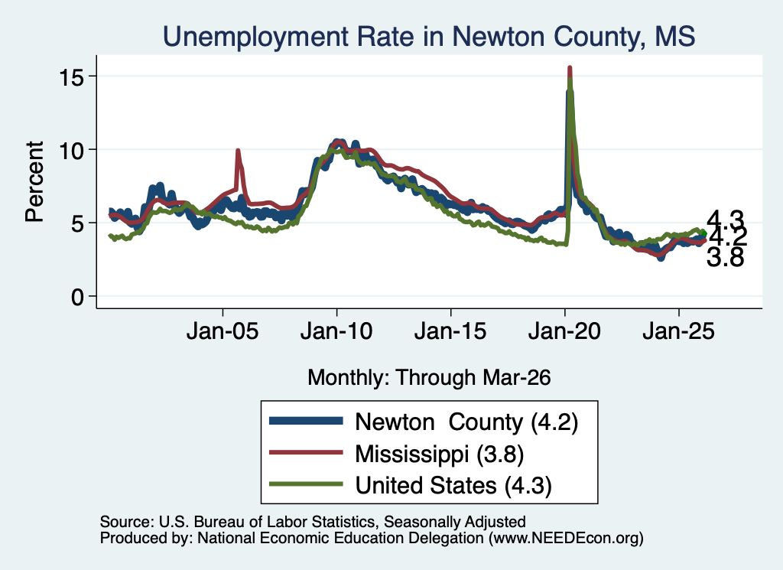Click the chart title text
pos(429,37)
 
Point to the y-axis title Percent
pos(34,181)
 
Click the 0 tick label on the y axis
pos(77,297)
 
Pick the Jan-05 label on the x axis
pos(223,331)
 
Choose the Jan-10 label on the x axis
pos(336,331)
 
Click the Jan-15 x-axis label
pos(450,331)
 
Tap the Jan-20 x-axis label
pos(564,331)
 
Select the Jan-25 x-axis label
pos(679,331)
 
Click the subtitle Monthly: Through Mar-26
pos(429,378)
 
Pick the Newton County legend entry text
pos(466,422)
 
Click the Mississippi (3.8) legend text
pos(440,454)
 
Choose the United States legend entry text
pos(453,486)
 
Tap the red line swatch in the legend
pos(306,453)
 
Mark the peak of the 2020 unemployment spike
pos(569,67)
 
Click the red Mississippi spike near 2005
pos(238,151)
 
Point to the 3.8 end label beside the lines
pos(725,258)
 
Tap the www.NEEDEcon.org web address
pos(566,538)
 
